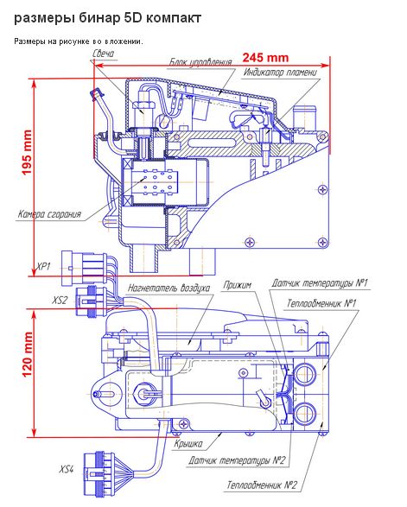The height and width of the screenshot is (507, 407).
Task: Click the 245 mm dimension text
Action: [x=265, y=58]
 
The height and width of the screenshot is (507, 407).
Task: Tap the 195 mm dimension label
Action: [x=27, y=152]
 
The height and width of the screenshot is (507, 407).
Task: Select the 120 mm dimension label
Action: [x=28, y=354]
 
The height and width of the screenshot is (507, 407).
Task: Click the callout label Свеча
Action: [x=103, y=54]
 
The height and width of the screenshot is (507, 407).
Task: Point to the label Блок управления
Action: [x=200, y=62]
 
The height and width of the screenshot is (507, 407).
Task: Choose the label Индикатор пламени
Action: [x=280, y=72]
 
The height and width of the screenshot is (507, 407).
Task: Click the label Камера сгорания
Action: [x=49, y=214]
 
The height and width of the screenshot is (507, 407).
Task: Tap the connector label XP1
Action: [x=44, y=267]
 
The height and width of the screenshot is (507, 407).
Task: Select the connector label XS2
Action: [x=60, y=301]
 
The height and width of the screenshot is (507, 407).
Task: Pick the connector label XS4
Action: [x=67, y=469]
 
